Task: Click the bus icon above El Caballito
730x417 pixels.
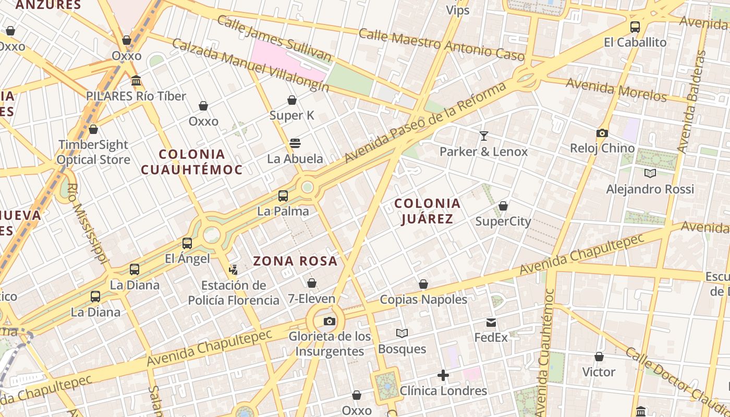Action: coord(635,27)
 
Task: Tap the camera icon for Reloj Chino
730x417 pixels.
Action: coord(602,133)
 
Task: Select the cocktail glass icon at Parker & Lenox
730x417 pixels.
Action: coord(484,136)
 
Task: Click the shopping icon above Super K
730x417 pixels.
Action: coord(292,100)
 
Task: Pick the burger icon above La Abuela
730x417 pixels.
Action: coord(295,143)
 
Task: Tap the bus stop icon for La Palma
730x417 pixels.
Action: coord(283,196)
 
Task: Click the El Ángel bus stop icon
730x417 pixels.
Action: coord(187,243)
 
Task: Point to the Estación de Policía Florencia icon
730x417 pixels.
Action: coord(233,270)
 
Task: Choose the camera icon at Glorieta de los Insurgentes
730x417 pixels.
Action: coord(330,321)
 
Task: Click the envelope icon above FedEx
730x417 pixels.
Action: coord(491,323)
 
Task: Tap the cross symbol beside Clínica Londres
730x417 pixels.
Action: coord(443,375)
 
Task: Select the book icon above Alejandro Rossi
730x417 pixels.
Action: coord(650,174)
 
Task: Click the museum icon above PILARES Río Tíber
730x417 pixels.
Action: coord(136,81)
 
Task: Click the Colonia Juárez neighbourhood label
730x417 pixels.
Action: coord(427,211)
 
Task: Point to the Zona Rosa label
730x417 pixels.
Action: coord(295,261)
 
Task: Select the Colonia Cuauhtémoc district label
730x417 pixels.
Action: coord(191,162)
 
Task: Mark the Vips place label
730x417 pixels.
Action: coord(457,10)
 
